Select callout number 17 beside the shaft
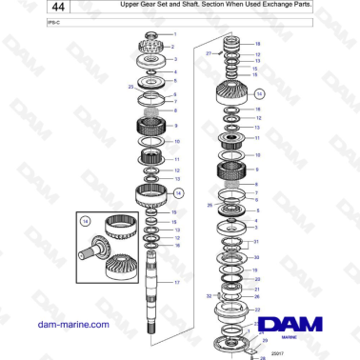(176, 283)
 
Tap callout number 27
(208, 54)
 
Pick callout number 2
(173, 46)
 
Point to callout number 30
(255, 257)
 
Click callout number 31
(255, 242)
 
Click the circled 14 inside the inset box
(87, 221)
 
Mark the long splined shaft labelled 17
(153, 295)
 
